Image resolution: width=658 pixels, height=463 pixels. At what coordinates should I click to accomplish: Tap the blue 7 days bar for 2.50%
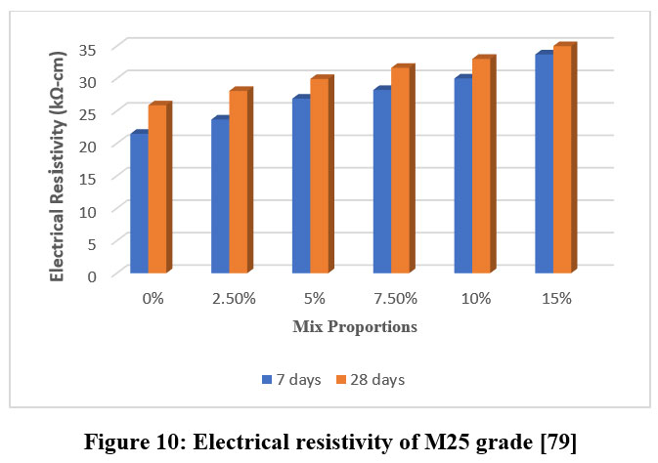[x=220, y=195]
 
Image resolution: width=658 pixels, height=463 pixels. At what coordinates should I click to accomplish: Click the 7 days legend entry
[x=291, y=379]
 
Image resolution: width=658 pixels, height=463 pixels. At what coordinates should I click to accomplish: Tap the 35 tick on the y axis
[x=90, y=47]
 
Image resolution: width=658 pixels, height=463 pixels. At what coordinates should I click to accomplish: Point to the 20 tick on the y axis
[x=90, y=144]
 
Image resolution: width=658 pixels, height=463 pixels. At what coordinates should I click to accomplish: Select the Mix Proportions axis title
[x=355, y=327]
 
